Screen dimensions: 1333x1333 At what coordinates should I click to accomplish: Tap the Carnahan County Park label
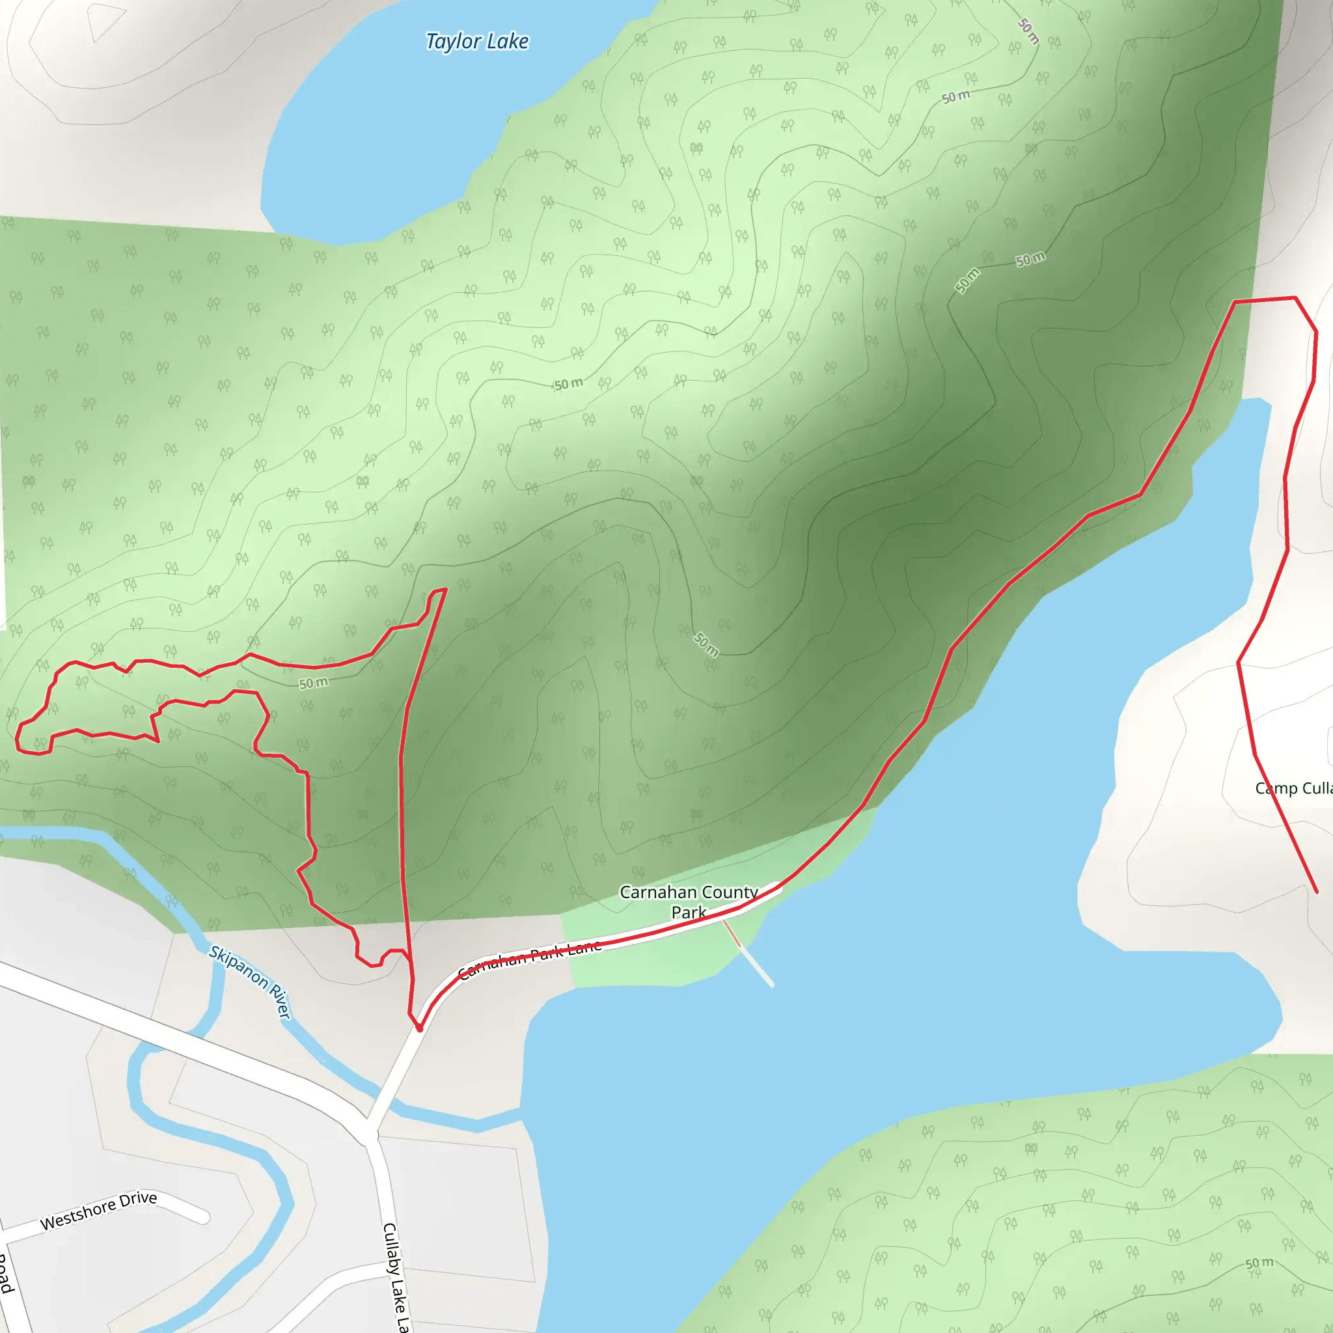(688, 901)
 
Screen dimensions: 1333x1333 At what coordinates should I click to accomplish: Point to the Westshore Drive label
(99, 1211)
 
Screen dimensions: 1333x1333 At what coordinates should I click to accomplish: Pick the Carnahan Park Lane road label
(530, 959)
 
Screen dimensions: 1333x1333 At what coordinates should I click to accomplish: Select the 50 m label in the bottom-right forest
(1259, 1263)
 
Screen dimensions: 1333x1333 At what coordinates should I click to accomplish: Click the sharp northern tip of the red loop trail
(446, 589)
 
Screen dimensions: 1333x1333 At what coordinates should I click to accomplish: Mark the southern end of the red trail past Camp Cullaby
(1315, 892)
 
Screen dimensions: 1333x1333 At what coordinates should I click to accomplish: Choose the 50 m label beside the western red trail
(313, 683)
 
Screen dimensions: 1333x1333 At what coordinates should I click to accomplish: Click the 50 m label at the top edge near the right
(1028, 31)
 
